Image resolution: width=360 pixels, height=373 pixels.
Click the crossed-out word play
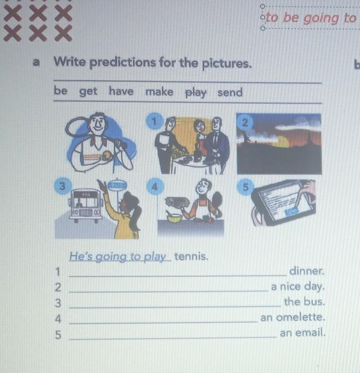[196, 92]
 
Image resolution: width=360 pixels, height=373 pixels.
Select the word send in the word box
[230, 92]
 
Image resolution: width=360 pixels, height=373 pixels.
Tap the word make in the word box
[159, 92]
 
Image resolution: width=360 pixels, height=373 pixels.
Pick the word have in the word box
[121, 91]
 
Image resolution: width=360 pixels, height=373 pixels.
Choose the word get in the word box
[88, 91]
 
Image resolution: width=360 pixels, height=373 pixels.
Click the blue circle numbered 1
[154, 121]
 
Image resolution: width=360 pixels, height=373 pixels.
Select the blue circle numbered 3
[62, 186]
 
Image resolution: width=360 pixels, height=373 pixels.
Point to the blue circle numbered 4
[155, 187]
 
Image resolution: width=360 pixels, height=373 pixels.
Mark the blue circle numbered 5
[245, 187]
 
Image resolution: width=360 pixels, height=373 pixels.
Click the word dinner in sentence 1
[307, 271]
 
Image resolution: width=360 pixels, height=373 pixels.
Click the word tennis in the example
[191, 257]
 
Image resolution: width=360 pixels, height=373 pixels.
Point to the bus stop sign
[117, 185]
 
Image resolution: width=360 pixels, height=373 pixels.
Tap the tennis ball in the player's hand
[107, 155]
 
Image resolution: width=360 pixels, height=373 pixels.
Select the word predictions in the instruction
[123, 63]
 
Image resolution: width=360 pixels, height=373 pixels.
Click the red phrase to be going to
[311, 18]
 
